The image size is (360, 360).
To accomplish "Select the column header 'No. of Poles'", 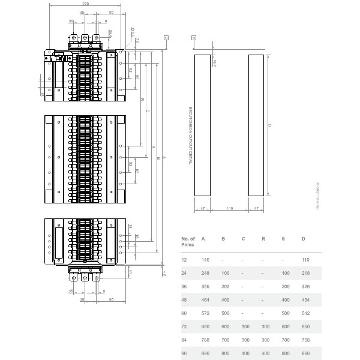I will (x=188, y=241).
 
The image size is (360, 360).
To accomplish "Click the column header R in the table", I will (x=263, y=239).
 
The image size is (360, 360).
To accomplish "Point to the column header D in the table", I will (x=304, y=239).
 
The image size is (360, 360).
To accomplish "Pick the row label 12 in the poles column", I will (x=184, y=260).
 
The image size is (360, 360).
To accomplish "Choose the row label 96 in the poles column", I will (x=184, y=354).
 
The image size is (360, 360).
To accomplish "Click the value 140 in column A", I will (x=205, y=260).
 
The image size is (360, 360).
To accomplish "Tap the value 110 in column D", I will (x=305, y=260).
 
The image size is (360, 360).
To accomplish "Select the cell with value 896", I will (x=205, y=354).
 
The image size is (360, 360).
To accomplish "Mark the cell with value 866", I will (x=305, y=354).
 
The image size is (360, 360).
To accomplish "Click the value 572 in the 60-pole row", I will (x=205, y=313).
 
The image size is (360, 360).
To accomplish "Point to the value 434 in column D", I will (x=305, y=300).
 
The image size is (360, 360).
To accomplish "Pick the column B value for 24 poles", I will (x=225, y=273).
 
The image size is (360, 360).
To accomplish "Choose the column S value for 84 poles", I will (x=285, y=340).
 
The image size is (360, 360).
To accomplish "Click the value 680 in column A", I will (x=205, y=327).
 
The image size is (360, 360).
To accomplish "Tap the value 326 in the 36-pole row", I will (x=305, y=287).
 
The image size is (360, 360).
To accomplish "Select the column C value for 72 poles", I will (x=245, y=327).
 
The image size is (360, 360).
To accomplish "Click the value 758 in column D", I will (x=305, y=340).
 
